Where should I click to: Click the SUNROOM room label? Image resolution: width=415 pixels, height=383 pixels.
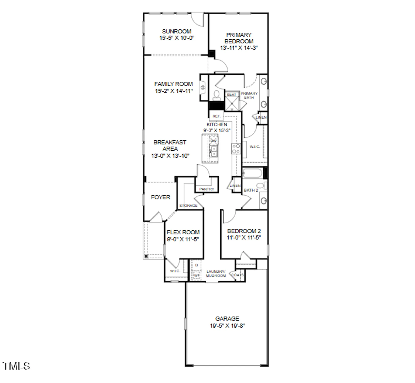tap(176, 31)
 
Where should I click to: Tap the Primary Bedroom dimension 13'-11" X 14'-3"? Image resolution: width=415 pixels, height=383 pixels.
tap(239, 48)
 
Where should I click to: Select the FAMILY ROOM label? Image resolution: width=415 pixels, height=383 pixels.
tap(173, 84)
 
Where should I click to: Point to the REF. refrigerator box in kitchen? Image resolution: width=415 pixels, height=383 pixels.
tap(216, 116)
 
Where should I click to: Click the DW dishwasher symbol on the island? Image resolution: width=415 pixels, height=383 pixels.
tap(213, 141)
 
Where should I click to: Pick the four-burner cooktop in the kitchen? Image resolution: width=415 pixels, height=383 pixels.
tap(236, 149)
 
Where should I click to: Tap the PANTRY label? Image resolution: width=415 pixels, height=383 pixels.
tap(207, 189)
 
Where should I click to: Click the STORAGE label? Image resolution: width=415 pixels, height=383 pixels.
tap(188, 206)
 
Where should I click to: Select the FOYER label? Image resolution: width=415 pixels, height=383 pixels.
tap(160, 197)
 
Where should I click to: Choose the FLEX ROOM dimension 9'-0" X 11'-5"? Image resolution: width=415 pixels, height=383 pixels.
tap(183, 239)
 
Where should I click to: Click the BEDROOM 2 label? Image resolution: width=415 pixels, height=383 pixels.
tap(244, 231)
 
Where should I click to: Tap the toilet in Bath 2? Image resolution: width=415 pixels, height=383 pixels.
tap(261, 185)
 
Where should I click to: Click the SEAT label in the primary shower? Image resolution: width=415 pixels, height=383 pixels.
tap(231, 95)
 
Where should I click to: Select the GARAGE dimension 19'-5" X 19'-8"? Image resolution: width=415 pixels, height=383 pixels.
tap(227, 326)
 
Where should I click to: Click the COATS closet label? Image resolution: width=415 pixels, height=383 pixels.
tap(237, 275)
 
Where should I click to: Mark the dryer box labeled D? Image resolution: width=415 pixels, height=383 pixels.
tap(196, 265)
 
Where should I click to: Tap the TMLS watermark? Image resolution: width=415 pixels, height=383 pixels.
tap(16, 366)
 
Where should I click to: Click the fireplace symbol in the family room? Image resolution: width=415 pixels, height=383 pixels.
tap(203, 87)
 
